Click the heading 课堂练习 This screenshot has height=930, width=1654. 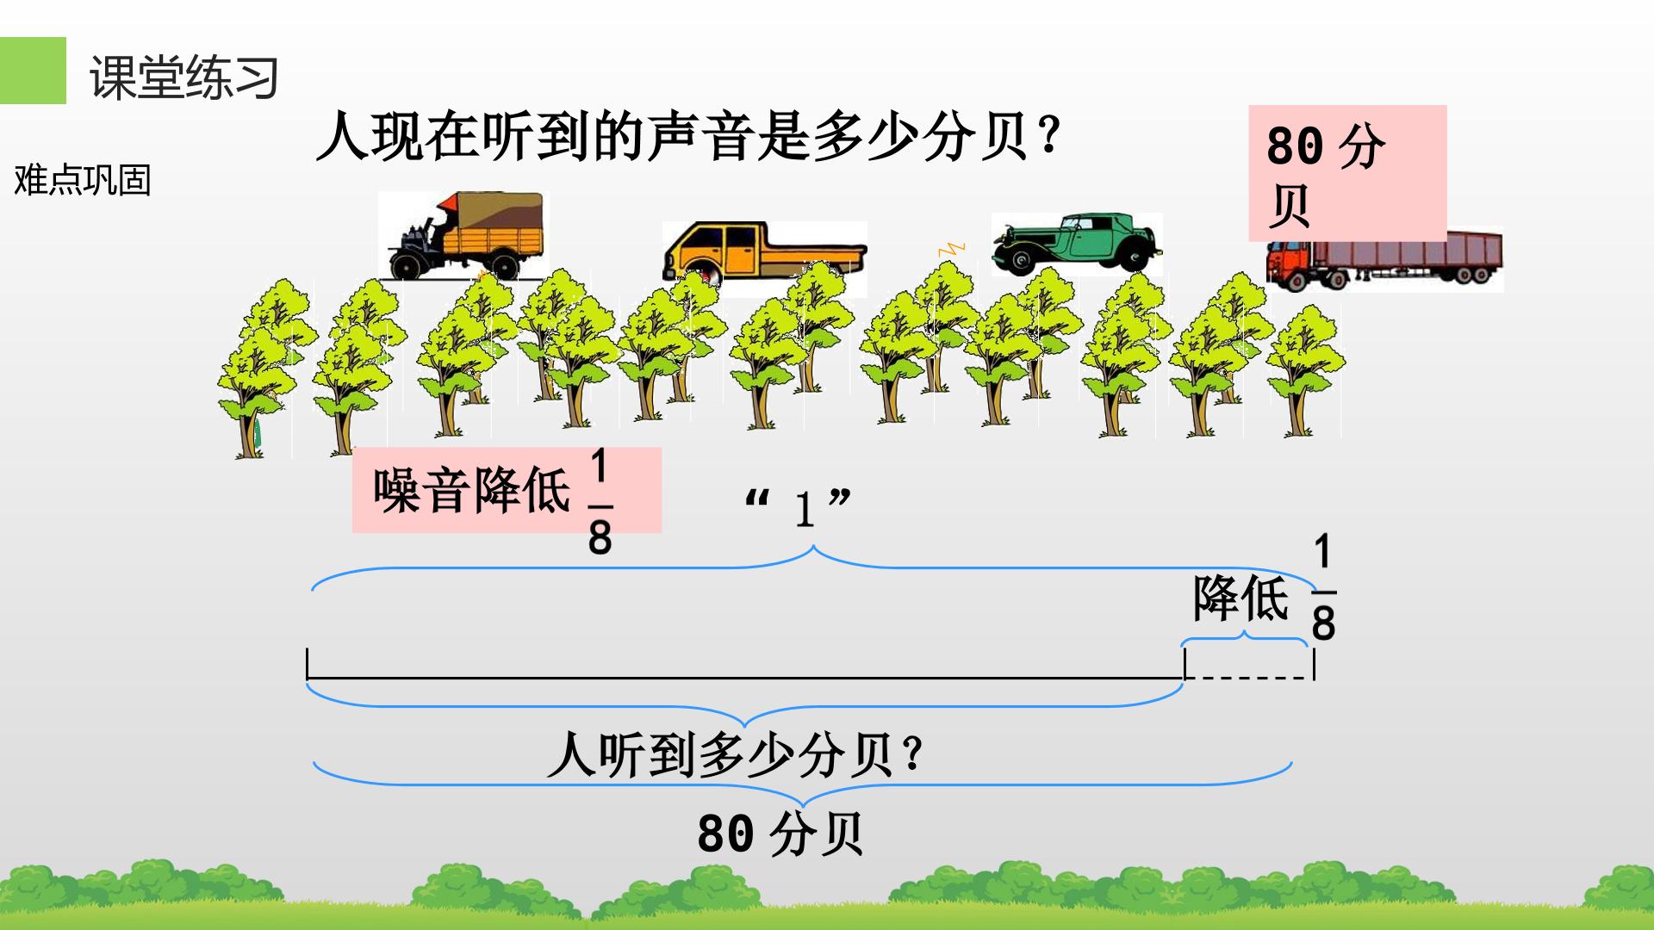click(184, 77)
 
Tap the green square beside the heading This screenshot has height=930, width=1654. click(33, 71)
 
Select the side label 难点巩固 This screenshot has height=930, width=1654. click(83, 181)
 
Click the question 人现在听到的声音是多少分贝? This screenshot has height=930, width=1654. click(687, 138)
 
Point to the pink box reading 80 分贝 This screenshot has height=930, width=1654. click(1347, 173)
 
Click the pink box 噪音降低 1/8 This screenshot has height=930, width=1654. click(507, 490)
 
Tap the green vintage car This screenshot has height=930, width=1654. click(1075, 243)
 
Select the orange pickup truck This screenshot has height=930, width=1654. click(764, 253)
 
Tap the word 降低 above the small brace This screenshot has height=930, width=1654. click(1241, 598)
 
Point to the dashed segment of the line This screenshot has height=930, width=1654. click(1249, 678)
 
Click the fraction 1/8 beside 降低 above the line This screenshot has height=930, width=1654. click(1323, 588)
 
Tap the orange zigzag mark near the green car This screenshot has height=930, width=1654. click(951, 249)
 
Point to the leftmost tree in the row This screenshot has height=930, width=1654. click(256, 368)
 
